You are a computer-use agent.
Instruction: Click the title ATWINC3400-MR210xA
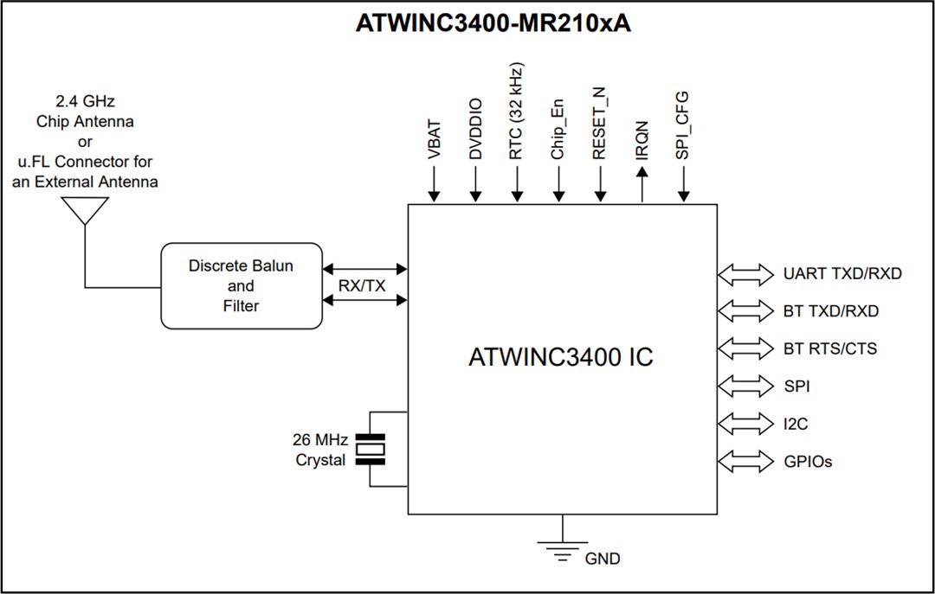coord(493,23)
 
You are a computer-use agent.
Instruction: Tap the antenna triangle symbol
coord(85,210)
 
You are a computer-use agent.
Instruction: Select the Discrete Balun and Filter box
coord(241,285)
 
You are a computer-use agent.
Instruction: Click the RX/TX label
coord(363,285)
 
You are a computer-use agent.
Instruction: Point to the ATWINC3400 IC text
coord(560,357)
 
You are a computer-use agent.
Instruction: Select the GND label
coord(603,559)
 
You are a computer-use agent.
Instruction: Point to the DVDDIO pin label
coord(475,129)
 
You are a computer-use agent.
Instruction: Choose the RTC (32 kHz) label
coord(517,112)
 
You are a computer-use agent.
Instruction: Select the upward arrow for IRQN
coord(642,184)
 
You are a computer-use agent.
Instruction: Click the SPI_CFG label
coord(683,125)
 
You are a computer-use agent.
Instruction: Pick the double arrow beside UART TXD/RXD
coord(745,274)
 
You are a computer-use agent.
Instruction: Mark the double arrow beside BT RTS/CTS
coord(745,348)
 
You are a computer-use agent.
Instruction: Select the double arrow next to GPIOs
coord(745,462)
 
